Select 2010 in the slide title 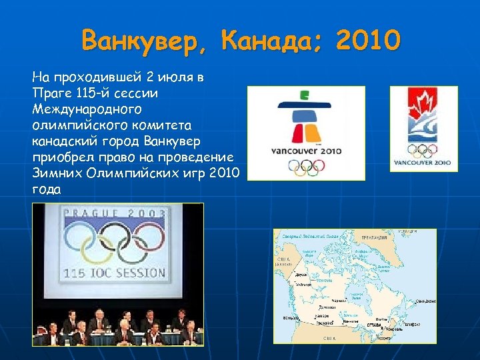[x=369, y=41]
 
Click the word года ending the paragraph [x=45, y=189]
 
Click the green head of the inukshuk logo [x=305, y=95]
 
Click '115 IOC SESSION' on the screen [x=114, y=272]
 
